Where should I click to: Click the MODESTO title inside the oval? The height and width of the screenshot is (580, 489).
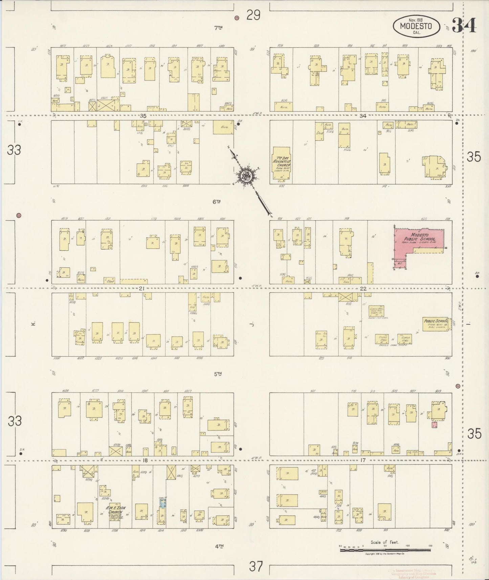(416, 26)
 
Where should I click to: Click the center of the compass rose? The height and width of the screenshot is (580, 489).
(244, 176)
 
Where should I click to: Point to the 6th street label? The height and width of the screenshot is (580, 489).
(217, 202)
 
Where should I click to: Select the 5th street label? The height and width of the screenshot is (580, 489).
(218, 374)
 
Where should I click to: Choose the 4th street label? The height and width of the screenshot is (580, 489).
(219, 545)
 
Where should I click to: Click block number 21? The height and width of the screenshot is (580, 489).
(141, 289)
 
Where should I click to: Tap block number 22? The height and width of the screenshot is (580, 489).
(363, 289)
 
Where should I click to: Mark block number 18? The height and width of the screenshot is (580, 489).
(145, 460)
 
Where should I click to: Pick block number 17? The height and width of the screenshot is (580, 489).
(363, 460)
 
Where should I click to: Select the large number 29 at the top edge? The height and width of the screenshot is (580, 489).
(253, 15)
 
